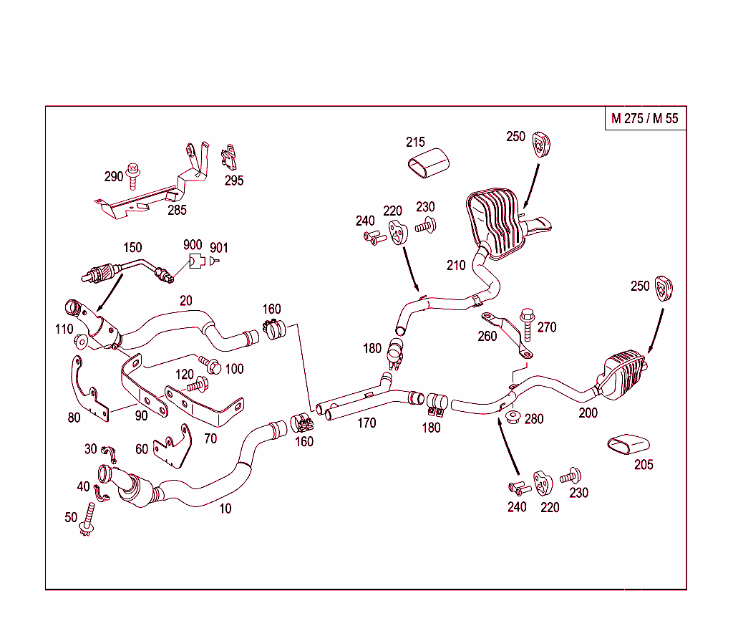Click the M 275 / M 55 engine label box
tap(644, 119)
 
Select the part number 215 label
tap(415, 143)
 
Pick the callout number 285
tap(178, 210)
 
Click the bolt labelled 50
tap(89, 519)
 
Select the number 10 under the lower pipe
tap(225, 509)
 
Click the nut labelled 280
tap(512, 417)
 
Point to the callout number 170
tap(366, 423)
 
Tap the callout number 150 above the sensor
tap(132, 247)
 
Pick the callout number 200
tap(588, 413)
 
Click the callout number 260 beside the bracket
tap(487, 336)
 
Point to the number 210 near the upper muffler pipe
tap(456, 266)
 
